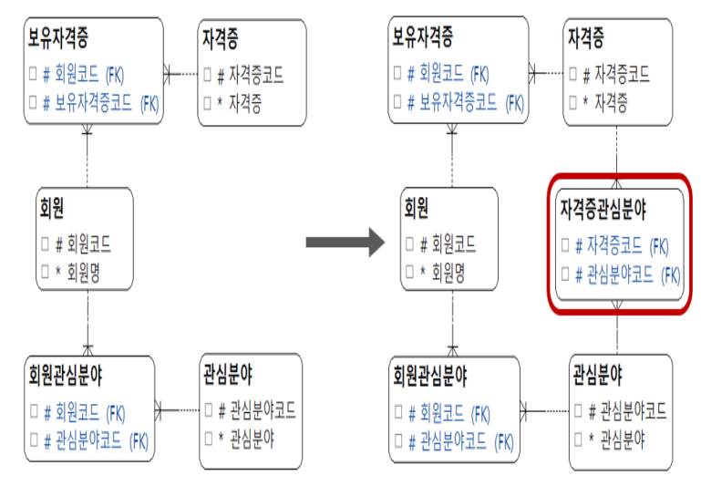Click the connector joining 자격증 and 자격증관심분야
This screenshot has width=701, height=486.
[x=618, y=155]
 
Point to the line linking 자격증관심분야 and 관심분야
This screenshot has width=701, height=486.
[x=618, y=333]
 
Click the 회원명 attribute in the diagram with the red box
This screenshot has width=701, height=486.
[x=448, y=273]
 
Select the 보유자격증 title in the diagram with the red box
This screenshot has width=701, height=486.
[x=423, y=37]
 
